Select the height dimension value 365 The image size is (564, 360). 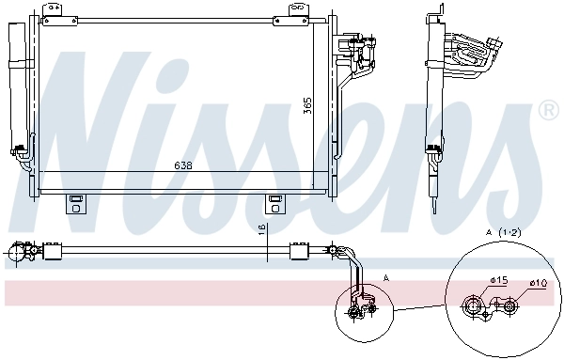307,105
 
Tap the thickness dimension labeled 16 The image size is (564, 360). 262,229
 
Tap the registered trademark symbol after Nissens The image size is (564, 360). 547,112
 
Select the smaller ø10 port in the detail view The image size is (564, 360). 509,305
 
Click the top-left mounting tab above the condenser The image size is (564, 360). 57,9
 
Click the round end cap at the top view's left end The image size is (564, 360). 15,251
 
